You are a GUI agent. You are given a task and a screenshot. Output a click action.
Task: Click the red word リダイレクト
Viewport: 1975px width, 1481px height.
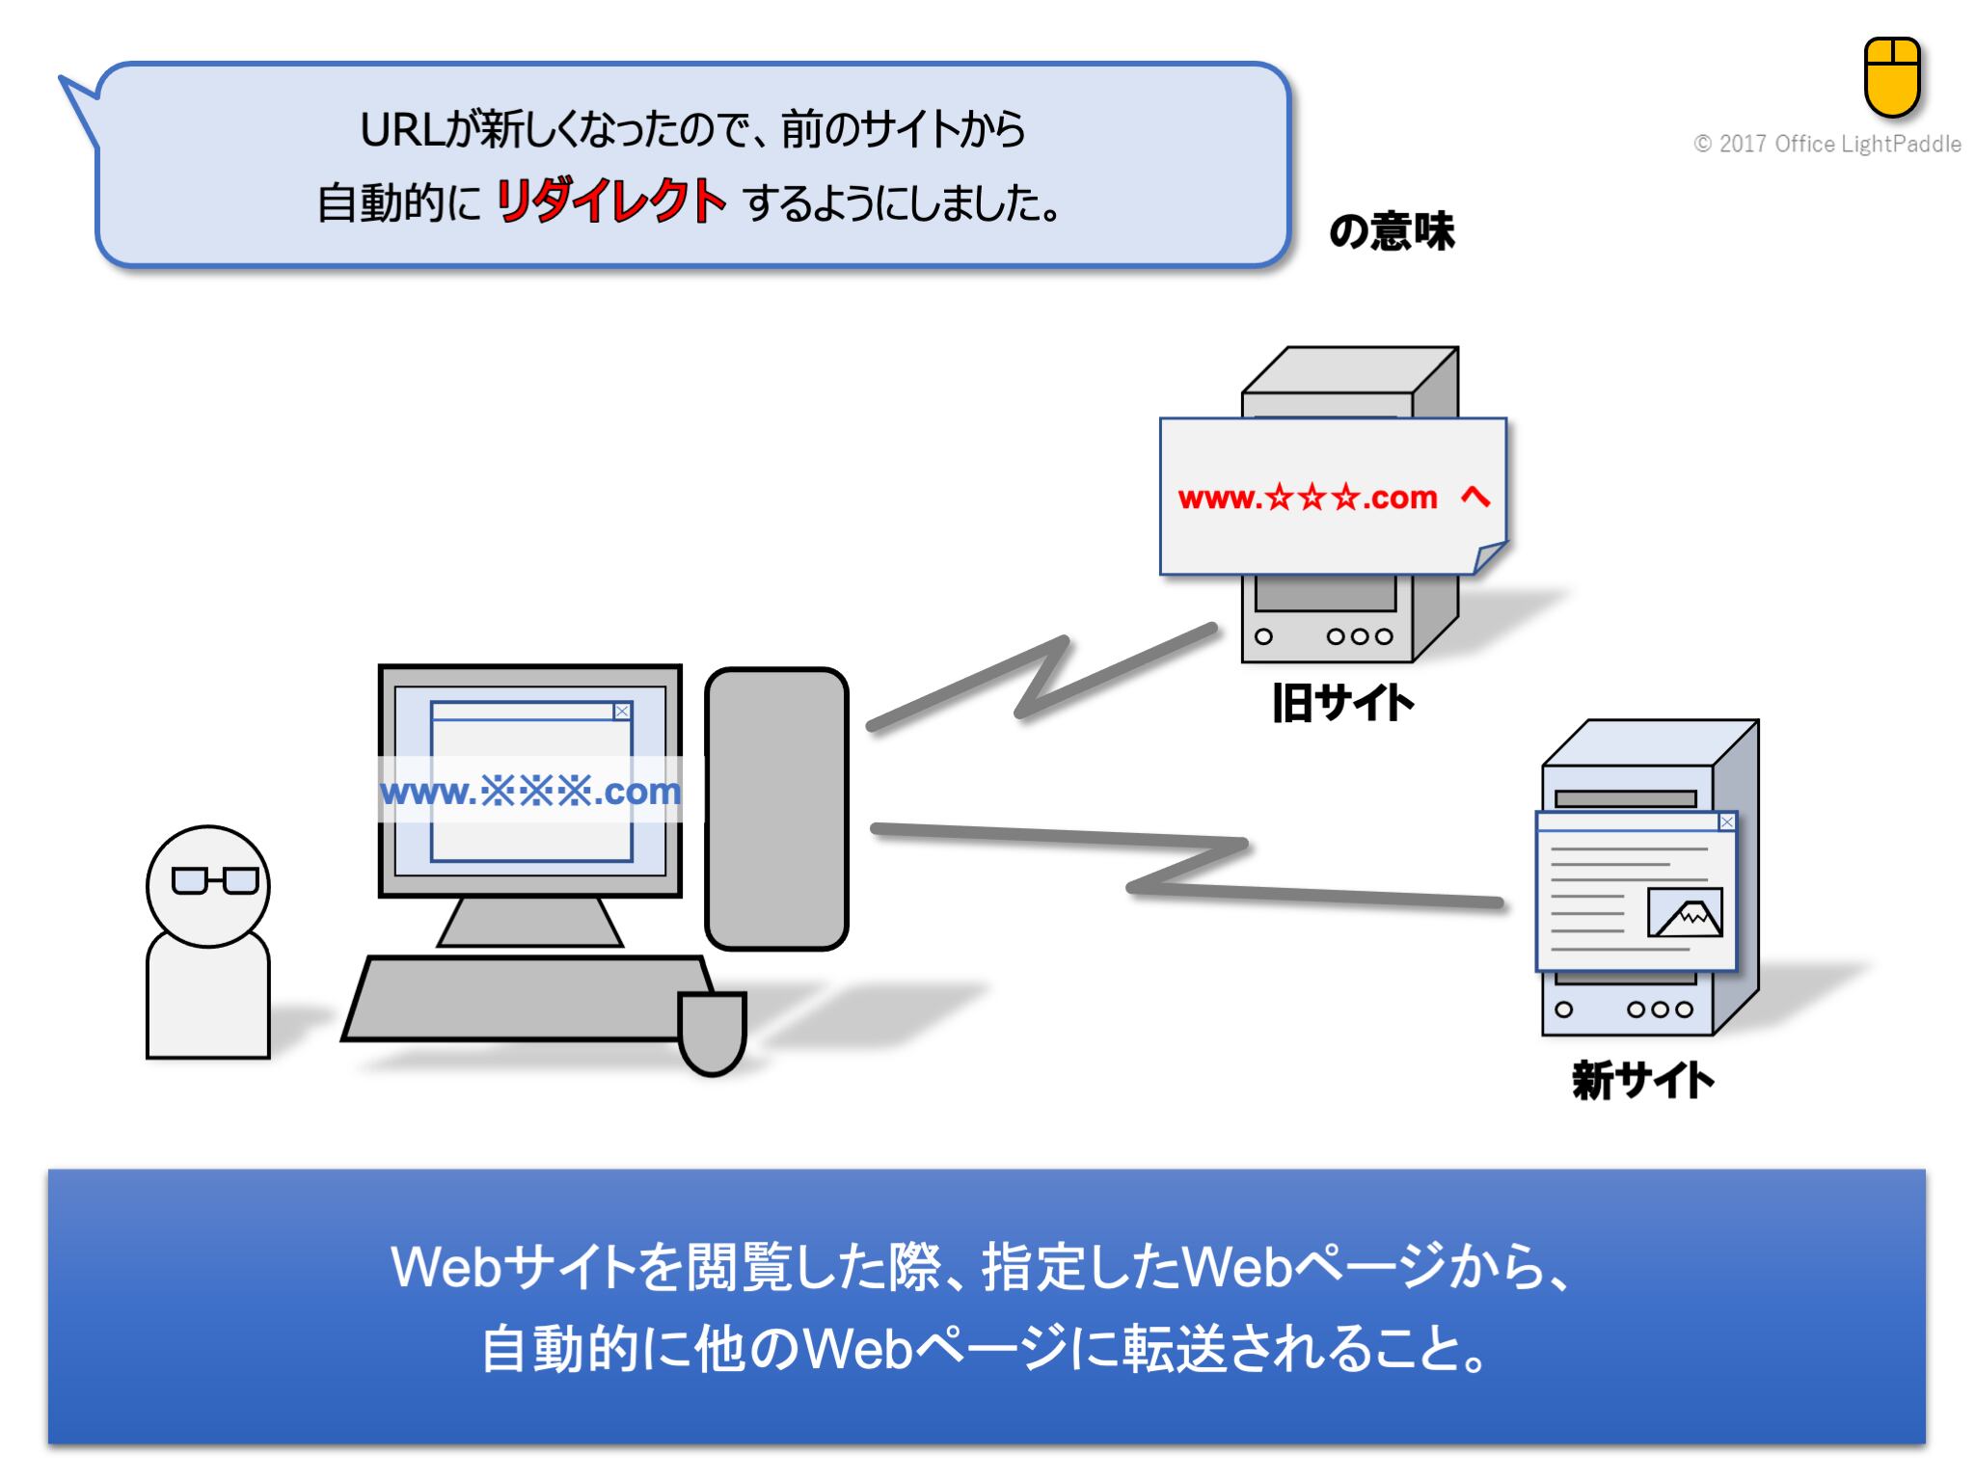609,202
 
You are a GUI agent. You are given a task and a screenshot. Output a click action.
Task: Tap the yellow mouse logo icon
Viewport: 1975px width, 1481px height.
1891,76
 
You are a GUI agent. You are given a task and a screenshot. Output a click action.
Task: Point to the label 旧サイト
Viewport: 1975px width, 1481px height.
1342,703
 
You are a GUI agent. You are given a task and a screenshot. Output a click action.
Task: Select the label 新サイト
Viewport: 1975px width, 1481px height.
1642,1080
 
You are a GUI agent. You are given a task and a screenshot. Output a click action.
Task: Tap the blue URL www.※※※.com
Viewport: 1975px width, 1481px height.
530,792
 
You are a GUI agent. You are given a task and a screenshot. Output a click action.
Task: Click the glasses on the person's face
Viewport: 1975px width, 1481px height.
214,880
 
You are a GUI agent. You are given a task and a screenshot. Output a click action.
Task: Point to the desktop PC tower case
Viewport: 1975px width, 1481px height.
776,808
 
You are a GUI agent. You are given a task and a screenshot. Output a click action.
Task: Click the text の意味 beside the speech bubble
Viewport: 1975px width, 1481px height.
1391,231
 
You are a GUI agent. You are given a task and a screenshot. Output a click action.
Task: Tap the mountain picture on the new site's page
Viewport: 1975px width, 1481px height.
1684,912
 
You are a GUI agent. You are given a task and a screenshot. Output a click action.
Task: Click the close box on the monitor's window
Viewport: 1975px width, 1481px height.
622,712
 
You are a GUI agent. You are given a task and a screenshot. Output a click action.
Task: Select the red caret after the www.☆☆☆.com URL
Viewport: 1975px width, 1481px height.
1474,497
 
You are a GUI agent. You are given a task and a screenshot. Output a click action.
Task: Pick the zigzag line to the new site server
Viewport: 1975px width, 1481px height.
1186,863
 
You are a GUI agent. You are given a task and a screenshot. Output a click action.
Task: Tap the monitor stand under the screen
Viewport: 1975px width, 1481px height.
529,922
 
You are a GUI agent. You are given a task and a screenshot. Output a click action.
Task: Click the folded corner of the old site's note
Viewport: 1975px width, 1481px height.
1488,557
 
